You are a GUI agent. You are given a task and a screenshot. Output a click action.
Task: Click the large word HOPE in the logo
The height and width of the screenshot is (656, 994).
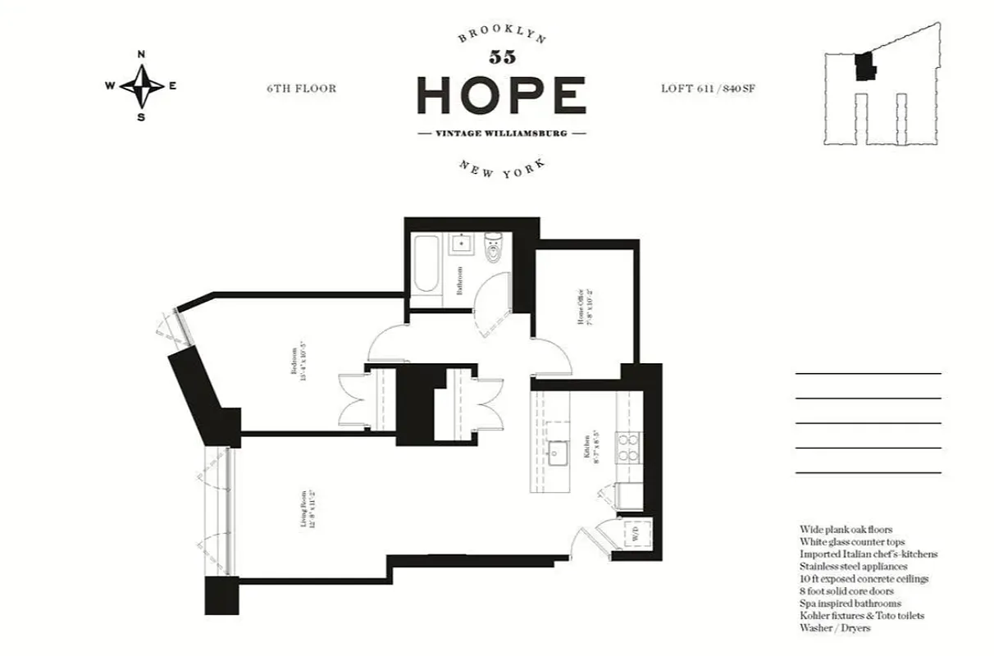(501, 95)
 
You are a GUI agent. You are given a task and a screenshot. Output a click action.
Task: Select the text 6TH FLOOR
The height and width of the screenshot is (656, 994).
(301, 89)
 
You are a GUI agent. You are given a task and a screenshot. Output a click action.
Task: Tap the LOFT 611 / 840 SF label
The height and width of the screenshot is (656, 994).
(707, 89)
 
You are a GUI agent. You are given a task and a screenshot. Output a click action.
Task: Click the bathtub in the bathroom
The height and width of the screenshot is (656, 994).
(426, 263)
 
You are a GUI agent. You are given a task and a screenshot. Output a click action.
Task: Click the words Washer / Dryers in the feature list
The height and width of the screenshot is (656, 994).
(834, 628)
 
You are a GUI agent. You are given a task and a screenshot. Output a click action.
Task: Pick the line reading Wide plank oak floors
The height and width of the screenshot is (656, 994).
(846, 530)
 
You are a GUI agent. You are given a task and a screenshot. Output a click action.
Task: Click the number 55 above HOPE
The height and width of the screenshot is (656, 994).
(501, 57)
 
